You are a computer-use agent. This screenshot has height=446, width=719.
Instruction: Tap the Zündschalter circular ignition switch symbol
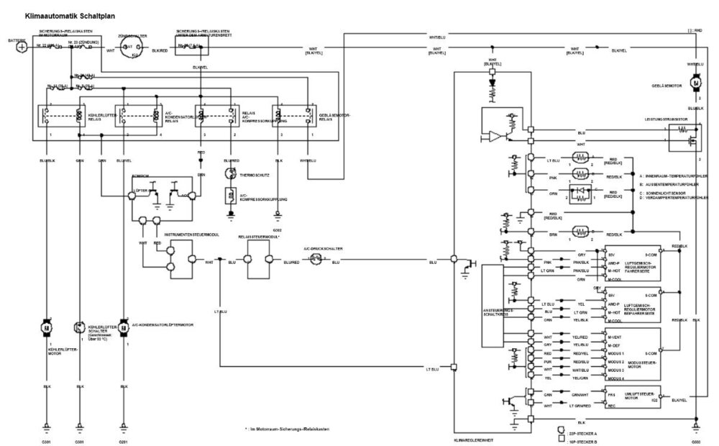(x=127, y=47)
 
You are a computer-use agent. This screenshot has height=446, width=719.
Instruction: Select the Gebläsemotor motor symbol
(x=696, y=83)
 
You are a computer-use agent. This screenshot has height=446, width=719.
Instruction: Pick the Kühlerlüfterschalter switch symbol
(x=78, y=327)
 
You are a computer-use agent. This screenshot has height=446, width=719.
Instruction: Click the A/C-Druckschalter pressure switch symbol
(x=315, y=263)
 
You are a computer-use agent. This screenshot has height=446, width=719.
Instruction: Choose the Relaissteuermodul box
(x=257, y=260)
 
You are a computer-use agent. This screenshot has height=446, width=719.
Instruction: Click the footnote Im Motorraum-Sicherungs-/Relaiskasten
(x=284, y=428)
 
